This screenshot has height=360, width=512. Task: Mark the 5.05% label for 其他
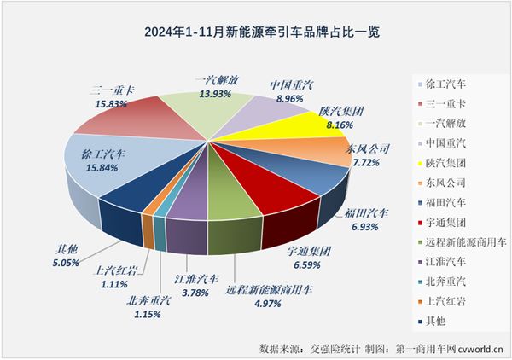(x=61, y=264)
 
